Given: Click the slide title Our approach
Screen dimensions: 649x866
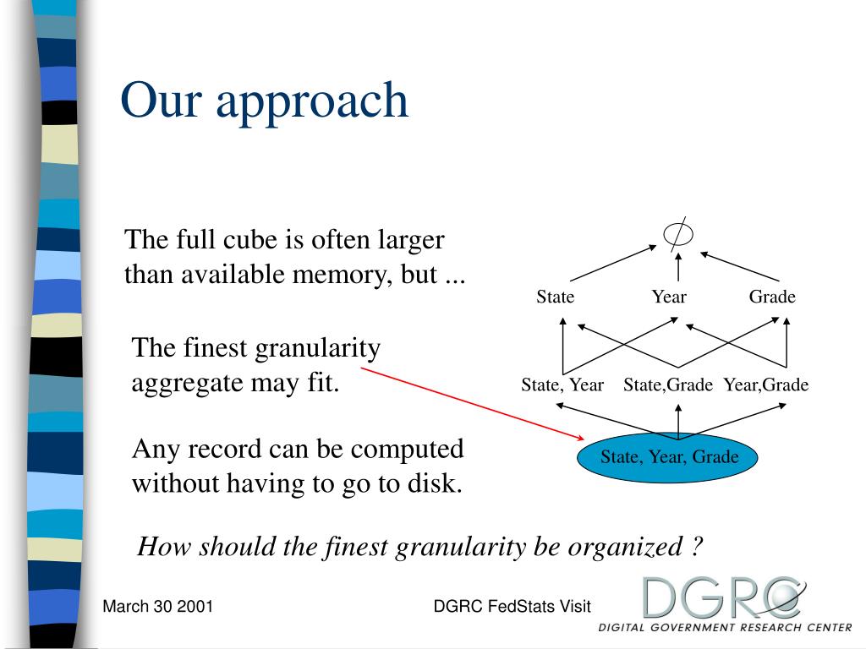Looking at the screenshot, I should pyautogui.click(x=264, y=101).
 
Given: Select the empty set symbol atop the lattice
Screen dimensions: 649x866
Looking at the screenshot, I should pyautogui.click(x=678, y=234).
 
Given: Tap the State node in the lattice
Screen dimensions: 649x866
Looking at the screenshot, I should pyautogui.click(x=555, y=297).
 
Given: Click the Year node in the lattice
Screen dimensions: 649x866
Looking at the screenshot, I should pyautogui.click(x=669, y=297).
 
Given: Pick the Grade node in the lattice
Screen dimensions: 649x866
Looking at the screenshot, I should pyautogui.click(x=772, y=297).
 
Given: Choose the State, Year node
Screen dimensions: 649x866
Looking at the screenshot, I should pyautogui.click(x=562, y=385).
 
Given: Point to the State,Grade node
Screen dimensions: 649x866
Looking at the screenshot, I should pyautogui.click(x=668, y=385).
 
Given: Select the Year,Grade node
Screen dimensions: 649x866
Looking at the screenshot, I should pyautogui.click(x=766, y=385).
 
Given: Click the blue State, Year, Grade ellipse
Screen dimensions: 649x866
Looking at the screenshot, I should pyautogui.click(x=669, y=458).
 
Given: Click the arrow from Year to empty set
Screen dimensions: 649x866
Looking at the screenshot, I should pyautogui.click(x=678, y=269).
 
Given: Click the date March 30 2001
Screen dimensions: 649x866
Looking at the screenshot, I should pyautogui.click(x=157, y=606).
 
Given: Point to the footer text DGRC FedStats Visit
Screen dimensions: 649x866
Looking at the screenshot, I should pyautogui.click(x=512, y=606).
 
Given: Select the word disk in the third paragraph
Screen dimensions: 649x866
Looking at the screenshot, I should pyautogui.click(x=436, y=484).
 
